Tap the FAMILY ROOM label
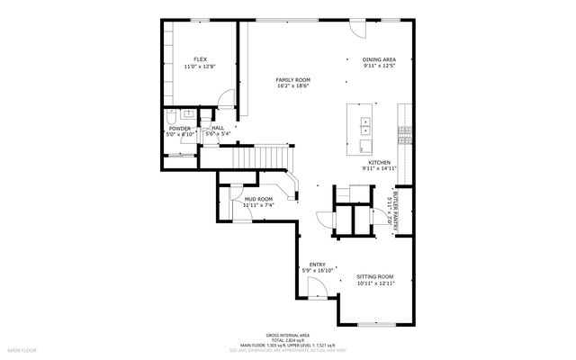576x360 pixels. pyautogui.click(x=292, y=79)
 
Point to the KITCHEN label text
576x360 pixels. pyautogui.click(x=379, y=162)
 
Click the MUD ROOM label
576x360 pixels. pyautogui.click(x=258, y=199)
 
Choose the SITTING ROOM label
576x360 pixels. pyautogui.click(x=375, y=276)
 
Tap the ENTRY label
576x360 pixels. pyautogui.click(x=318, y=264)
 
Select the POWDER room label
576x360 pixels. pyautogui.click(x=179, y=129)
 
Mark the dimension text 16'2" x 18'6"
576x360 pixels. pyautogui.click(x=292, y=86)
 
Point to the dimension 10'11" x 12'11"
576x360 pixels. pyautogui.click(x=375, y=283)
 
